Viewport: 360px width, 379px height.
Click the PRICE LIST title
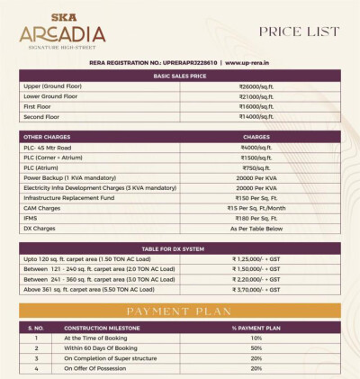[299, 32]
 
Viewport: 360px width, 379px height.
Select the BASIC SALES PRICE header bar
[179, 76]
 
